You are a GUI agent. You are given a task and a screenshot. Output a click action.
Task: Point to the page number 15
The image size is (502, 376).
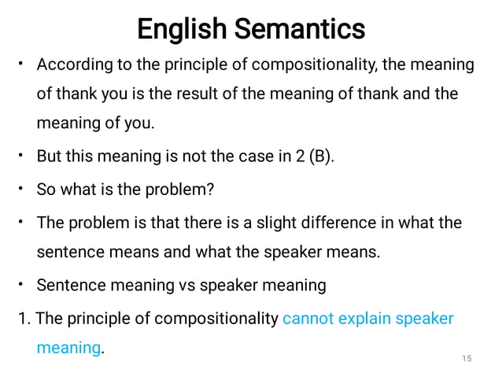point(467,359)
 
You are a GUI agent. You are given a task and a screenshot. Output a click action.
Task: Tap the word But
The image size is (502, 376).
point(49,156)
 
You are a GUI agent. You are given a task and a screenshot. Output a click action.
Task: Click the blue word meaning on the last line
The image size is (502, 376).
point(68,347)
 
